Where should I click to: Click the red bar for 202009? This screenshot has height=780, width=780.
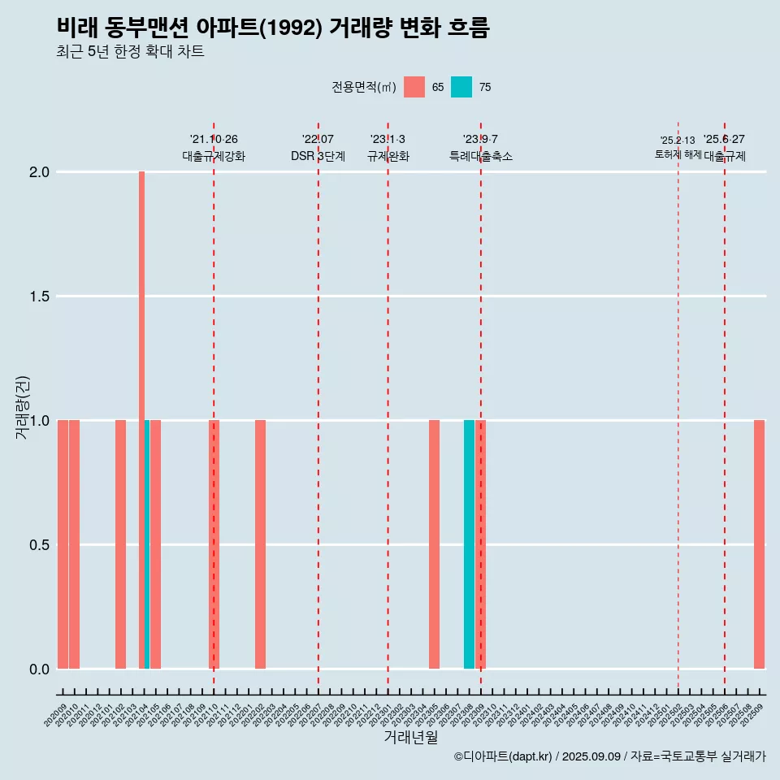pyautogui.click(x=63, y=544)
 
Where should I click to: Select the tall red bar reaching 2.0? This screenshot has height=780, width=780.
pyautogui.click(x=141, y=325)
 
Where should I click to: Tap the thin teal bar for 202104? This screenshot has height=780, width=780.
pyautogui.click(x=147, y=544)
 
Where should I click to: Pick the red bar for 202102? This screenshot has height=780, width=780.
pyautogui.click(x=120, y=544)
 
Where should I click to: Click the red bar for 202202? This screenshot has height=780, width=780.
pyautogui.click(x=260, y=544)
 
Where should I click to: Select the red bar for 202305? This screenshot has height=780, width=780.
pyautogui.click(x=434, y=544)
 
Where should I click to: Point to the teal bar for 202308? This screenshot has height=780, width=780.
pyautogui.click(x=469, y=544)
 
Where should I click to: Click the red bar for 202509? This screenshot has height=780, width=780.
pyautogui.click(x=759, y=544)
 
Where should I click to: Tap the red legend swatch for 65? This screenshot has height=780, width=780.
pyautogui.click(x=414, y=87)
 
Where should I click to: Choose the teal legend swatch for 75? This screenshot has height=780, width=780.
pyautogui.click(x=461, y=87)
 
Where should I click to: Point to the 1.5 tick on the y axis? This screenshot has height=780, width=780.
pyautogui.click(x=39, y=297)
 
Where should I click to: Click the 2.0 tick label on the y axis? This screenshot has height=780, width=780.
pyautogui.click(x=39, y=172)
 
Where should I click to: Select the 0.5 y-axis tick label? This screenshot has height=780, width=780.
pyautogui.click(x=39, y=544)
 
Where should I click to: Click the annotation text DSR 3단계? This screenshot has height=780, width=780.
pyautogui.click(x=318, y=156)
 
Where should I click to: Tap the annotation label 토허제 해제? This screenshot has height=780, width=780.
pyautogui.click(x=678, y=154)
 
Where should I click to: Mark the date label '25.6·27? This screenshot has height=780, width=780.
pyautogui.click(x=724, y=140)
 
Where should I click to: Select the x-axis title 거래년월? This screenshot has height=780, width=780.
pyautogui.click(x=410, y=738)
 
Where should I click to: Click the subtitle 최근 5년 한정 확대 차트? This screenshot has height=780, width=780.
pyautogui.click(x=130, y=52)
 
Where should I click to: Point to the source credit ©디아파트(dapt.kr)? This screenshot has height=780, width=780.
pyautogui.click(x=503, y=756)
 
